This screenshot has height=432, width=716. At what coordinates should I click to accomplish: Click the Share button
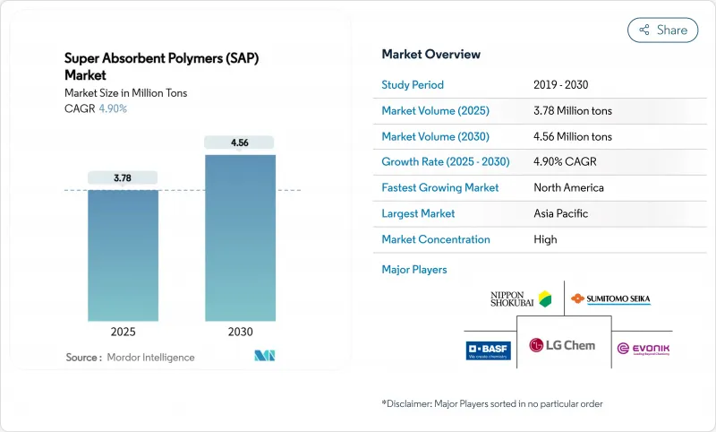coord(662,30)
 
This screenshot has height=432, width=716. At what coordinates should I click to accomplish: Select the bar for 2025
coord(123,255)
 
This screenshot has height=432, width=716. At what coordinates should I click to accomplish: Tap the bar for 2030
coord(239,238)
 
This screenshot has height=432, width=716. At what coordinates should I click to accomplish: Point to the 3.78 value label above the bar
coord(123,178)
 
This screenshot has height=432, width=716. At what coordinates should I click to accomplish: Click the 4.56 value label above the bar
coord(239,143)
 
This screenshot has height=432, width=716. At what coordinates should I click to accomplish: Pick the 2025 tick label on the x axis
coord(123,332)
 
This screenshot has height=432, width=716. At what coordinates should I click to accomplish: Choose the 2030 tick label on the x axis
coord(239,332)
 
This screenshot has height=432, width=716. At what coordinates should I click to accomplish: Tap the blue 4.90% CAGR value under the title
coord(112,108)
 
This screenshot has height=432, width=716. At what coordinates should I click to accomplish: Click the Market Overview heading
coord(430,54)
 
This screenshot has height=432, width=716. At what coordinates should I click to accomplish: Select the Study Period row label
coord(413,85)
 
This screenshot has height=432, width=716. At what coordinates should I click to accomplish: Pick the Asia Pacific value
coord(562,213)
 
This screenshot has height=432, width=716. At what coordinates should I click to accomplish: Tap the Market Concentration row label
coord(436,239)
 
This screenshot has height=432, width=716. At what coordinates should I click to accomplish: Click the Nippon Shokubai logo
coord(520,298)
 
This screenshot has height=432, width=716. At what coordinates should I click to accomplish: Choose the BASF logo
coord(489,350)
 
